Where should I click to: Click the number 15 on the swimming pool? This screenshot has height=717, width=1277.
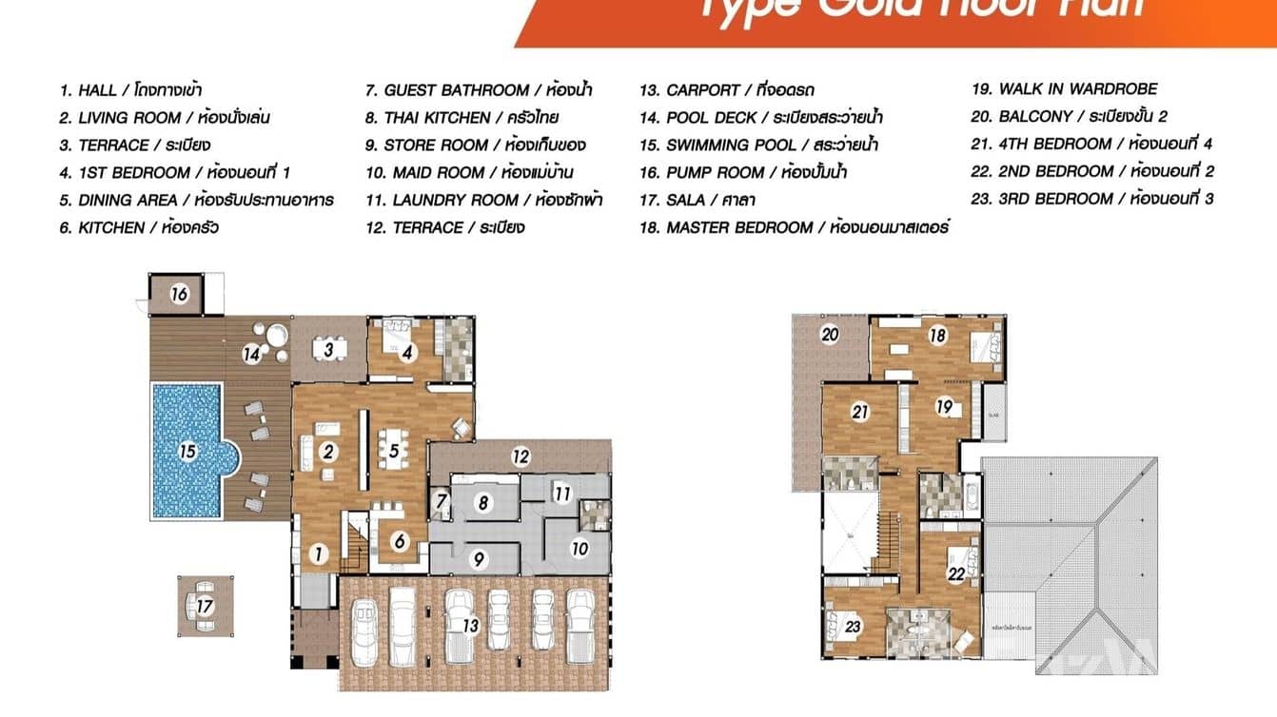[x=188, y=451]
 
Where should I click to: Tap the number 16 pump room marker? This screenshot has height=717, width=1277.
[x=179, y=294]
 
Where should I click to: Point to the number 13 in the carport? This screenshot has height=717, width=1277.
[x=470, y=626]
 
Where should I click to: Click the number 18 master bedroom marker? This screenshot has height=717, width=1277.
[x=937, y=335]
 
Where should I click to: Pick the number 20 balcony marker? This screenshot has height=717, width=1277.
[x=831, y=335]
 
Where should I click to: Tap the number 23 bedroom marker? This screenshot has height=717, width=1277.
[x=853, y=626]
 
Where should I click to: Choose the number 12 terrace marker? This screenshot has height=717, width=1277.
[x=521, y=456]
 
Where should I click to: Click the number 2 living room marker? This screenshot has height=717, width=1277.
[x=329, y=451]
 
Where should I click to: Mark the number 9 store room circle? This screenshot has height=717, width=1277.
[x=480, y=558]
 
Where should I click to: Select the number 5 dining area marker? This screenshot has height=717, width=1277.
[x=393, y=451]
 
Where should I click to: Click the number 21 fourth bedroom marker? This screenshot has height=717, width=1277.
[x=860, y=412]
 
